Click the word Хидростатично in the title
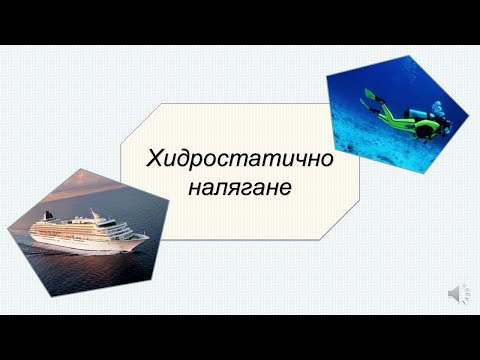pyautogui.click(x=240, y=160)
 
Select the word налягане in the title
pyautogui.click(x=239, y=187)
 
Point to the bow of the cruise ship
pyautogui.click(x=145, y=237)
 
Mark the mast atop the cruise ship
pyautogui.click(x=96, y=212)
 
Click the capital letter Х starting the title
pyautogui.click(x=154, y=160)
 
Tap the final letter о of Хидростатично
pyautogui.click(x=326, y=160)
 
